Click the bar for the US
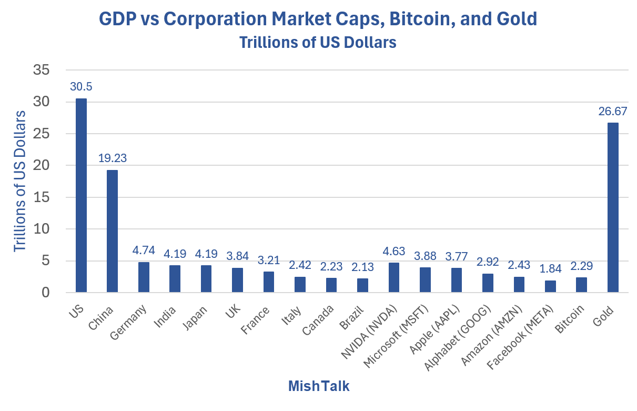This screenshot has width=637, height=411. pos(81,195)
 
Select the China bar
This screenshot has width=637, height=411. pos(112,231)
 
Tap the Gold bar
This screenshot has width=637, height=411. pos(613,207)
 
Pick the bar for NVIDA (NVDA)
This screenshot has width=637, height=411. pos(394,277)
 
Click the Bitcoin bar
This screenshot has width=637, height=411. pos(581,285)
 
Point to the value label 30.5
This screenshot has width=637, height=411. pos(81,87)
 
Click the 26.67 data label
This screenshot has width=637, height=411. pos(613,111)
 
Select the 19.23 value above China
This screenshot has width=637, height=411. pos(112,158)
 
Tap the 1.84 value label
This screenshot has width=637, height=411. pos(550,269)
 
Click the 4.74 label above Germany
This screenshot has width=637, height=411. pos(144,250)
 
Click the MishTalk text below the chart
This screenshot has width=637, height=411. pos(319,386)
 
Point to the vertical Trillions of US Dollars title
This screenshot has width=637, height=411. pos(19,181)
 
